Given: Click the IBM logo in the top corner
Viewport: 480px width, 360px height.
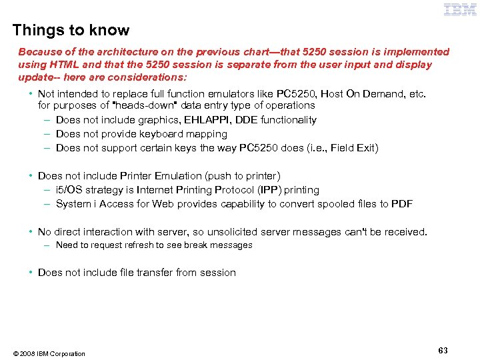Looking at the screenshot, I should click(x=460, y=9).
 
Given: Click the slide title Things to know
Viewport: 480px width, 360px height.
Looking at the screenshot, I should click(x=71, y=30).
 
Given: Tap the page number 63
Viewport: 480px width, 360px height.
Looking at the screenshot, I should click(x=443, y=350).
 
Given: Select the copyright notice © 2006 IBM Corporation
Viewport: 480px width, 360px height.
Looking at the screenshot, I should click(x=48, y=353).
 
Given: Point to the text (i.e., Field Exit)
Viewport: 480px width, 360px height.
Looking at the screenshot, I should click(x=339, y=148).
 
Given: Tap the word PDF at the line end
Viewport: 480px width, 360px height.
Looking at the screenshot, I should click(x=402, y=204).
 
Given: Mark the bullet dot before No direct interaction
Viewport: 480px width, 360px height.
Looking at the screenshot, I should click(x=31, y=232).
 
